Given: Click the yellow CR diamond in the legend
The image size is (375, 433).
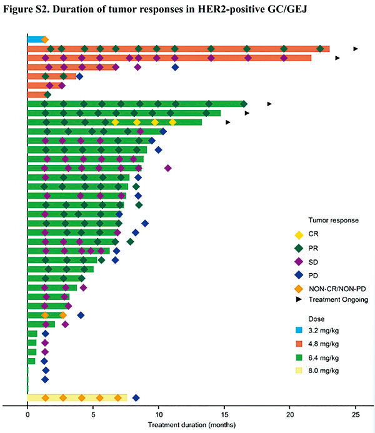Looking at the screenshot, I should (x=299, y=235).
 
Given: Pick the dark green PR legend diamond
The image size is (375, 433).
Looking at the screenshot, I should (x=299, y=249).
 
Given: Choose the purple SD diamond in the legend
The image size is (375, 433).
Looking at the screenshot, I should (x=299, y=262).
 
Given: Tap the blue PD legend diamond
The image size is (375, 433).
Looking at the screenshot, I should (x=299, y=276).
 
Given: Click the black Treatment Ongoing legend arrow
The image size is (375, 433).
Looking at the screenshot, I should (x=299, y=300).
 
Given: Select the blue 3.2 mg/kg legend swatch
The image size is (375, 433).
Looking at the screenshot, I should (x=299, y=331).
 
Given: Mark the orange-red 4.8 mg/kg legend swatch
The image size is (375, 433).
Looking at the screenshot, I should (x=299, y=344).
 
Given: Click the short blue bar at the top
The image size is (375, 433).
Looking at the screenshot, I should (x=35, y=39).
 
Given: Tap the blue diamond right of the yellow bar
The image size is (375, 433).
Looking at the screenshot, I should (x=136, y=397).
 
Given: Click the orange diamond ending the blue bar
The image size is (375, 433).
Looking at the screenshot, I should (x=45, y=39).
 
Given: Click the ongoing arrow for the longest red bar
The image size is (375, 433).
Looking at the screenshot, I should (x=356, y=48).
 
